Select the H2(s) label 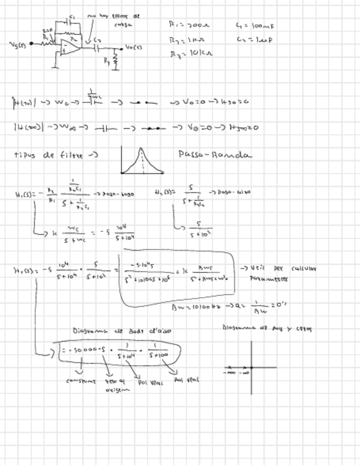tap(165, 192)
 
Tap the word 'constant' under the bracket tap(81, 381)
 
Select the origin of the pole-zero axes tap(252, 367)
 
